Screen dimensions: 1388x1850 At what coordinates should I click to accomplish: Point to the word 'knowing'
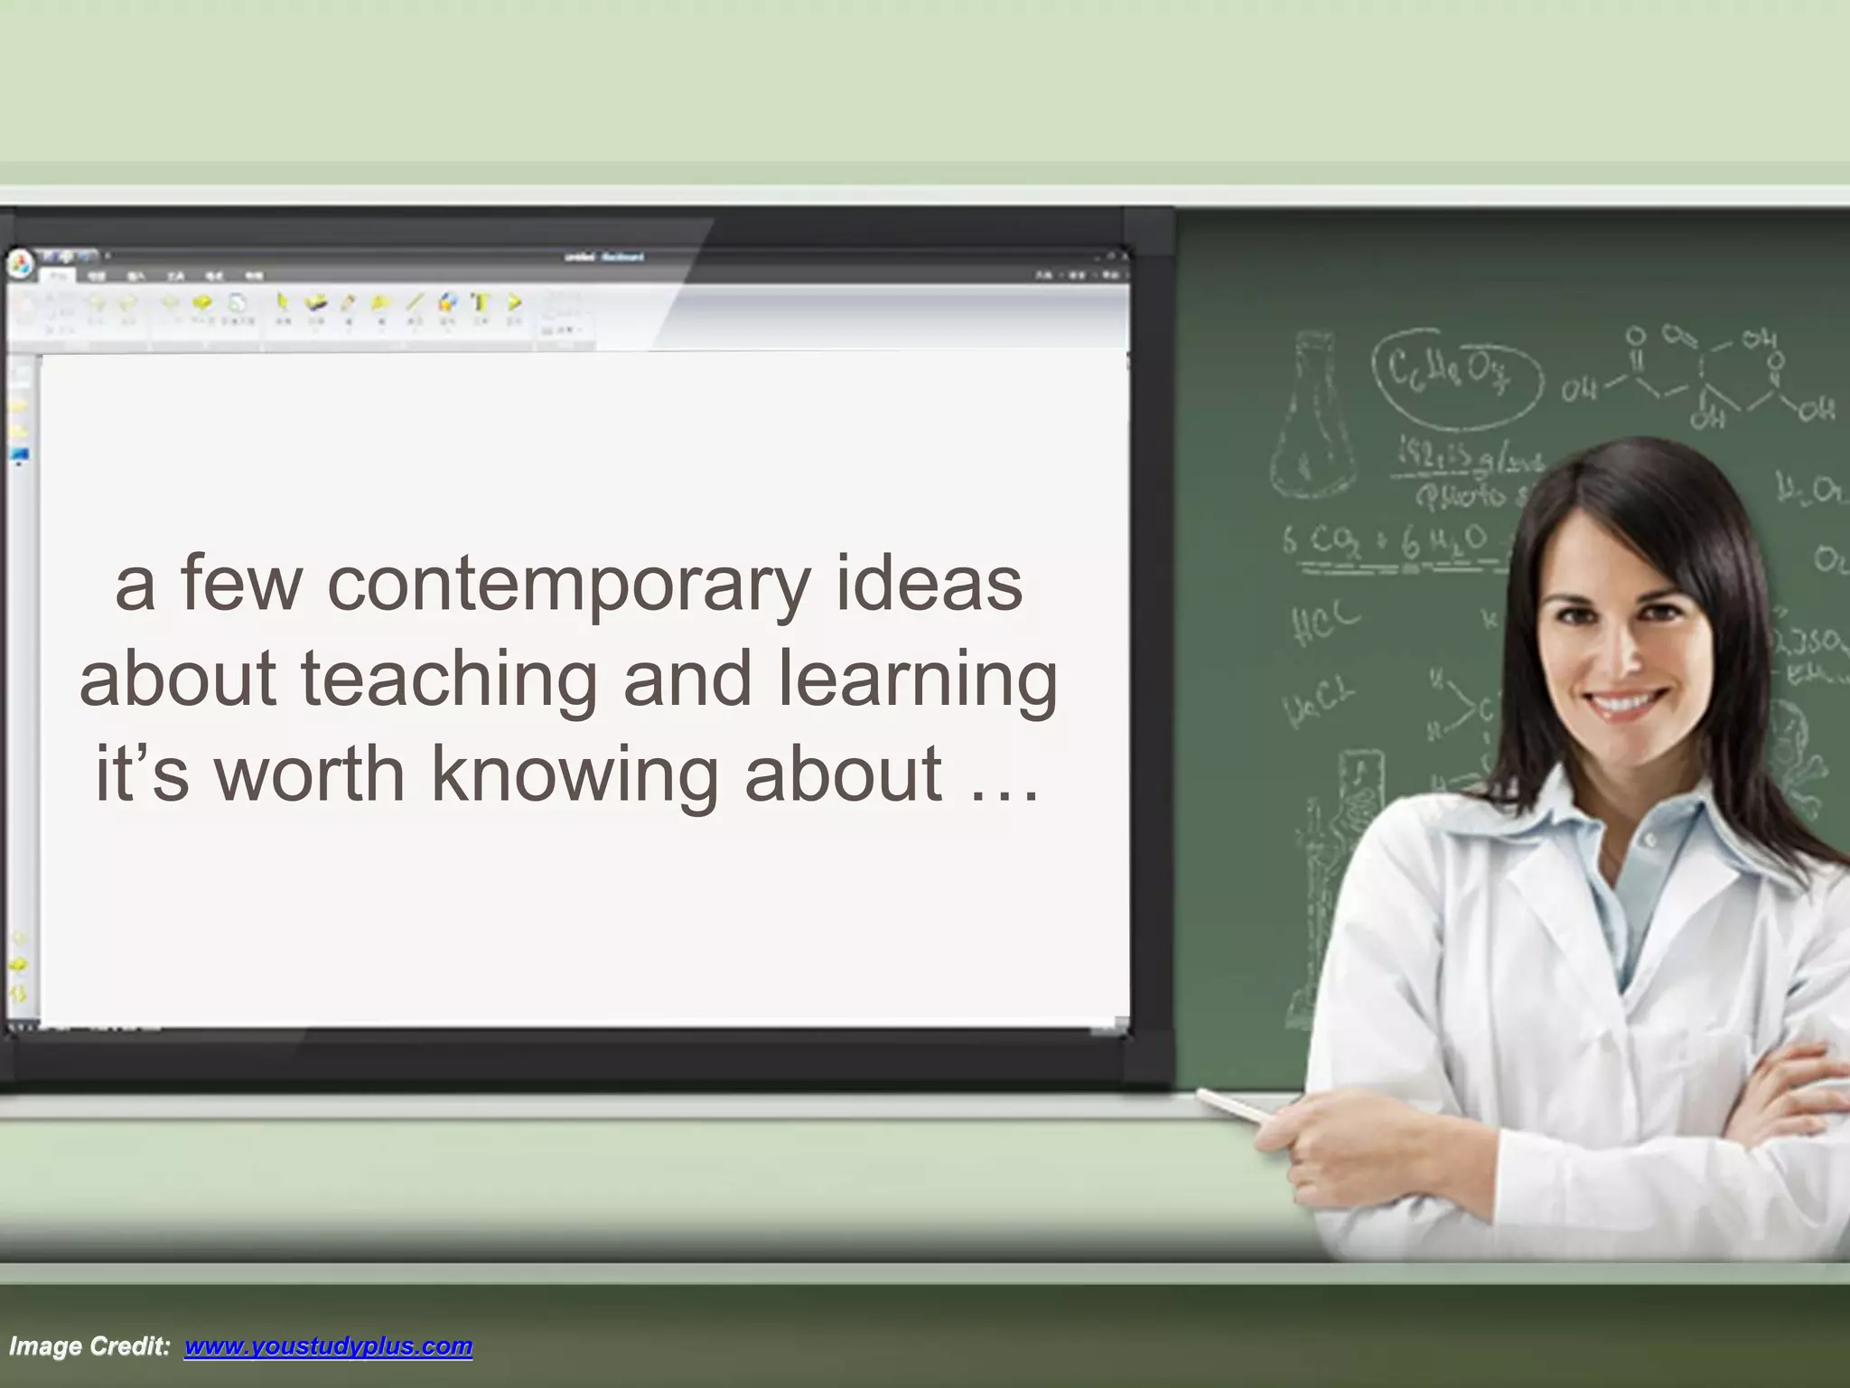click(574, 775)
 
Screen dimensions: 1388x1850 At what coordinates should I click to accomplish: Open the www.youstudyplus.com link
click(328, 1347)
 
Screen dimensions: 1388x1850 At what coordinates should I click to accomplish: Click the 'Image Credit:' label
click(89, 1347)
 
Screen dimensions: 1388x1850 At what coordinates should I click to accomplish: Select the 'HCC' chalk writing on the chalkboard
click(1324, 623)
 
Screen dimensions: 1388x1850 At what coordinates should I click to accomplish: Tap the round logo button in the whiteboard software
click(21, 265)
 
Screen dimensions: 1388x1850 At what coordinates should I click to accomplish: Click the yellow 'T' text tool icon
click(481, 303)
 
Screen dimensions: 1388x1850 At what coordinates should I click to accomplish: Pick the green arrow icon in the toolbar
click(514, 303)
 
